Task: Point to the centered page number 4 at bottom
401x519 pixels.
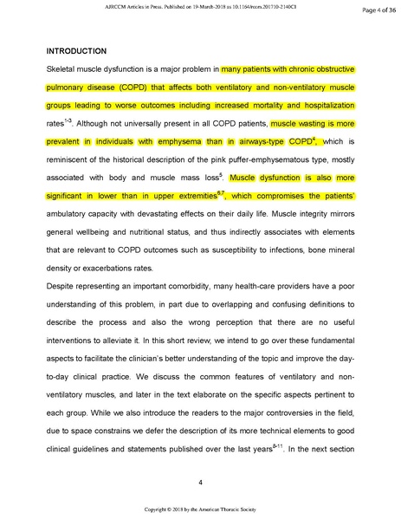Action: [x=200, y=483]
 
